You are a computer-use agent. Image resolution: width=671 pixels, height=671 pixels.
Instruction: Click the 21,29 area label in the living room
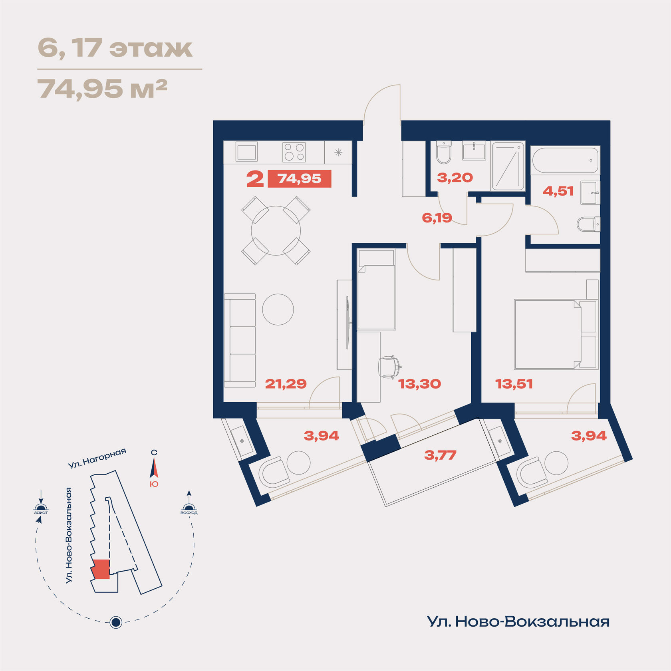[x=286, y=384]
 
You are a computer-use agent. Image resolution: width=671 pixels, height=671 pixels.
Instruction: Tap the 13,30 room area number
[x=419, y=384]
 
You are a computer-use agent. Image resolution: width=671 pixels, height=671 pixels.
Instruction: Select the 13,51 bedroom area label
[x=514, y=384]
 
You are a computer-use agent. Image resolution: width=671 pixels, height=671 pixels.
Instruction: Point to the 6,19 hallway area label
[x=437, y=218]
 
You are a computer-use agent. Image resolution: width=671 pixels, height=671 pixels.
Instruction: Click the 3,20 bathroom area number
[x=455, y=178]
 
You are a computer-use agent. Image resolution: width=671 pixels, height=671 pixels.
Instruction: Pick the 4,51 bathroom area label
[x=558, y=191]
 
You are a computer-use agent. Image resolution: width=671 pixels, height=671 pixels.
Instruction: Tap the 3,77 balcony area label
[x=440, y=455]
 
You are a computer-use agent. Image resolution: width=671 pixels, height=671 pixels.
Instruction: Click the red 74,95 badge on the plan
[x=299, y=179]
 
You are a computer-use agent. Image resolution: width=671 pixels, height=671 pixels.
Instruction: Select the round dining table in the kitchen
[x=276, y=230]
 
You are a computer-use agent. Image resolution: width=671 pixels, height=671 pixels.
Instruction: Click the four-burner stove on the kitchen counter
[x=294, y=152]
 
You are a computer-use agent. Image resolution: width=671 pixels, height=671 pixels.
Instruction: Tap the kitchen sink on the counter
[x=246, y=152]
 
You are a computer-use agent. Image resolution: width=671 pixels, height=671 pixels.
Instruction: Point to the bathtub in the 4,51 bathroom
[x=565, y=160]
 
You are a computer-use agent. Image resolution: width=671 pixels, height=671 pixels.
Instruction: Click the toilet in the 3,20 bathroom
[x=443, y=152]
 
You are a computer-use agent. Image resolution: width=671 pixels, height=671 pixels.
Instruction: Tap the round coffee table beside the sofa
[x=278, y=310]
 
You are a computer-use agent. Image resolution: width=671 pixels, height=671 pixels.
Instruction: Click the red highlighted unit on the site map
[x=100, y=569]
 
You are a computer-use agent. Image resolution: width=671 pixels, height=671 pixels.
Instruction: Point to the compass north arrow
[x=154, y=468]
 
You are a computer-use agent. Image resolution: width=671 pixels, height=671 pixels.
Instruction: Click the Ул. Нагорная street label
[x=97, y=458]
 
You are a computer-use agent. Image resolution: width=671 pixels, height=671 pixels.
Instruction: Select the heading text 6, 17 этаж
[x=115, y=48]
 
